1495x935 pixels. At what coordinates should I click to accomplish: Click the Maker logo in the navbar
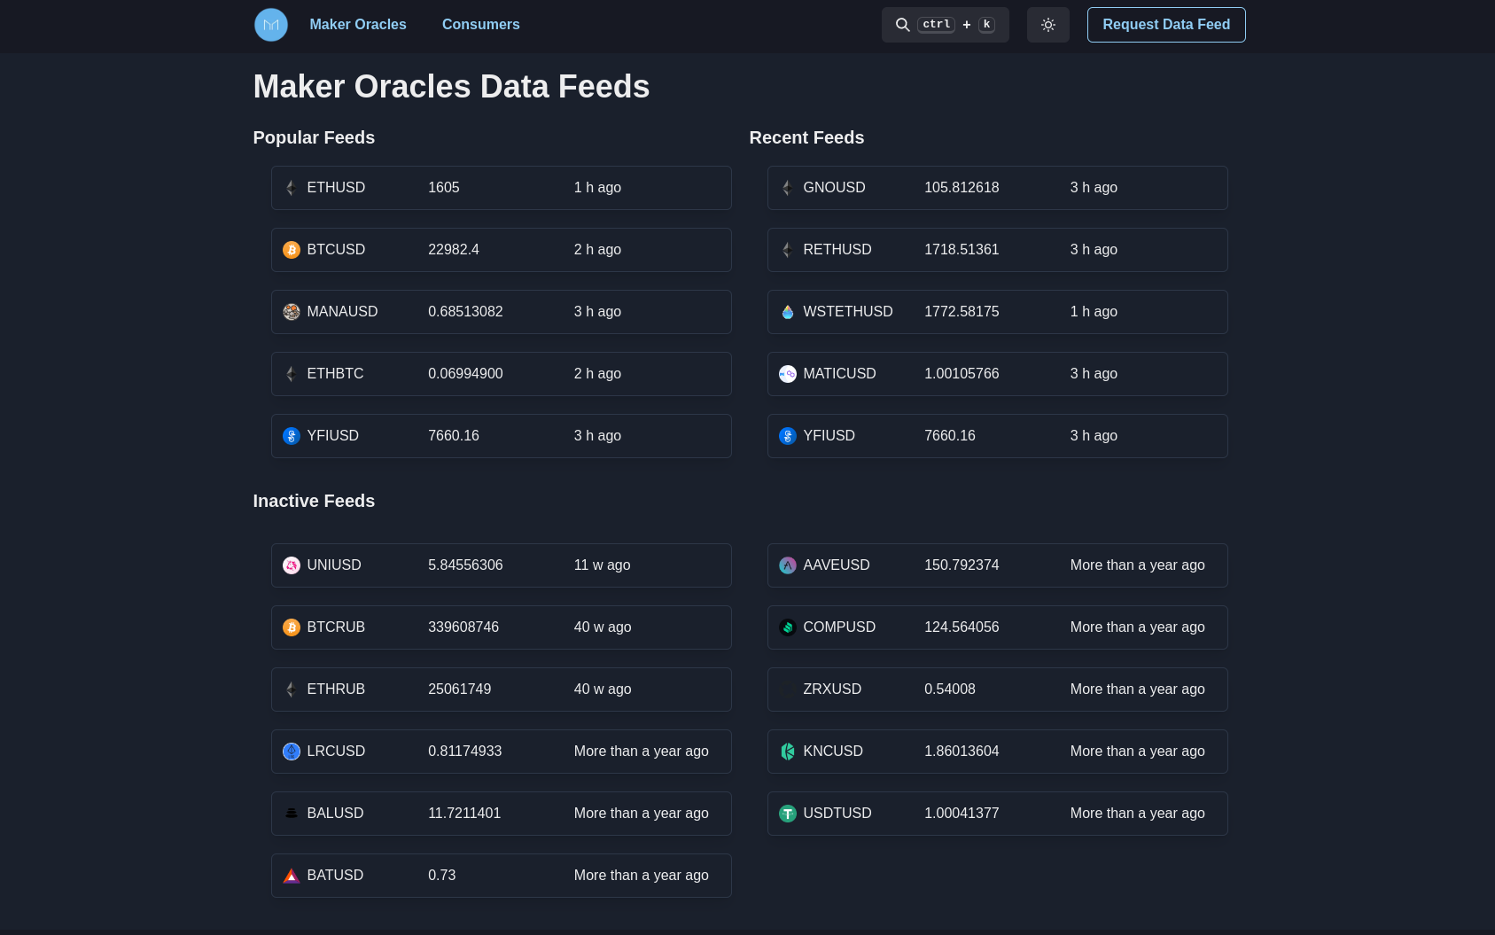tap(271, 25)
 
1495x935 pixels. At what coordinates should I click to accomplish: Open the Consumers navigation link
tap(480, 25)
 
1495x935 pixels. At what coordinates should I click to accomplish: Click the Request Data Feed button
tap(1165, 25)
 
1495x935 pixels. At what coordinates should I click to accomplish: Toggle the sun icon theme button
tap(1047, 25)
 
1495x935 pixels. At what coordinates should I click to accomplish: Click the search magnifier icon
tap(902, 25)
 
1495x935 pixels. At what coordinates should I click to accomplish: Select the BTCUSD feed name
tap(336, 250)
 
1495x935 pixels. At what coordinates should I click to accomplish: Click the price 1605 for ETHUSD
tap(443, 188)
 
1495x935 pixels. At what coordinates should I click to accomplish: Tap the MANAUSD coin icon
tap(292, 312)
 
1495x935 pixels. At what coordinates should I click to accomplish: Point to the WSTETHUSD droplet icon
tap(788, 312)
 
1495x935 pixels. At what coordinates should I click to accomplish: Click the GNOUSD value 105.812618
tap(961, 188)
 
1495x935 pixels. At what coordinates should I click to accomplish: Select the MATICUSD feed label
tap(839, 374)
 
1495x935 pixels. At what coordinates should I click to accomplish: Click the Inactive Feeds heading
tap(314, 501)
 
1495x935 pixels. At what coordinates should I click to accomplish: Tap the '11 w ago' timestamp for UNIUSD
tap(602, 565)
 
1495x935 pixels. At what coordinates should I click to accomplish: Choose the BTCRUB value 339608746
tap(463, 627)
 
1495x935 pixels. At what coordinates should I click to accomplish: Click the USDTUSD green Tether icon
tap(788, 814)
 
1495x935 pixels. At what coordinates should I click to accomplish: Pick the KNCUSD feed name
tap(832, 752)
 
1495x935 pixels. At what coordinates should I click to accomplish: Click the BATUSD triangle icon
tap(292, 876)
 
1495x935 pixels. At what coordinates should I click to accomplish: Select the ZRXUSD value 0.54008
tap(949, 690)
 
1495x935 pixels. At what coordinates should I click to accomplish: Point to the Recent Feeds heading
tap(806, 137)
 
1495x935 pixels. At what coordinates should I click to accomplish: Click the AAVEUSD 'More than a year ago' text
tap(1137, 565)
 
